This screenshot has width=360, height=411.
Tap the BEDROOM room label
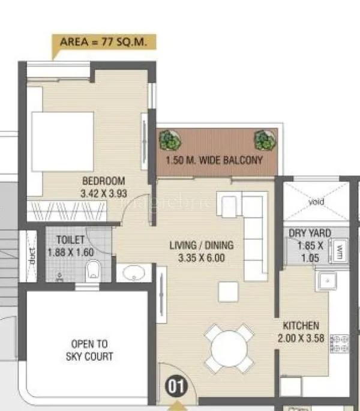[x=104, y=181]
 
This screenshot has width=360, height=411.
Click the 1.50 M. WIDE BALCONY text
[x=214, y=160]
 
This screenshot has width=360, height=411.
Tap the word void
[x=316, y=202]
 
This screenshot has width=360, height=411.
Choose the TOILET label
[x=71, y=240]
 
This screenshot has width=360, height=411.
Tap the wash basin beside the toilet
[x=130, y=274]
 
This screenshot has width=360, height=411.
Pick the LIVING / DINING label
[x=201, y=245]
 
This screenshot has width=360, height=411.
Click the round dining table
[x=228, y=346]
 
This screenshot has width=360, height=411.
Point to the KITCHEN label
[x=301, y=326]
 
